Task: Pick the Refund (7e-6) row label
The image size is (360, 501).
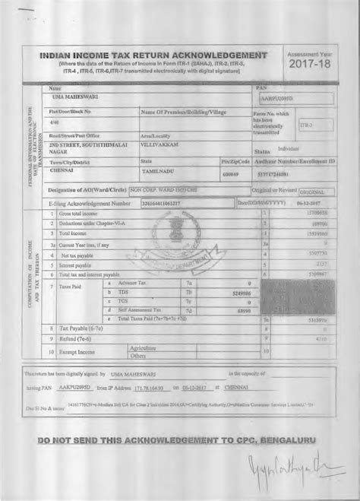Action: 68,339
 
